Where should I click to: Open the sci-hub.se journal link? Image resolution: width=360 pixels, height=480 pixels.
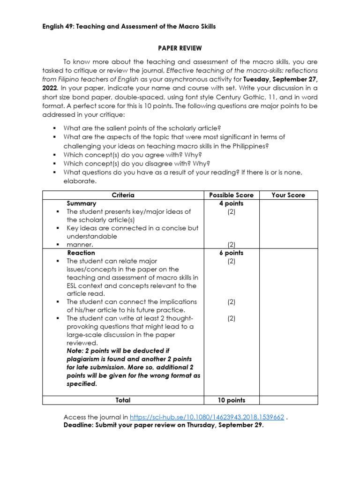(x=207, y=417)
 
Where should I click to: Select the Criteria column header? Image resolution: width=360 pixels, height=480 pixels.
(x=123, y=195)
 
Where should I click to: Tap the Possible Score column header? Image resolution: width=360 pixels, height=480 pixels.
(x=231, y=195)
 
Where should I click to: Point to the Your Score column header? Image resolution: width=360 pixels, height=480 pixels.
(x=288, y=195)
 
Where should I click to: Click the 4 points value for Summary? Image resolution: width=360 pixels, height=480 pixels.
(x=231, y=203)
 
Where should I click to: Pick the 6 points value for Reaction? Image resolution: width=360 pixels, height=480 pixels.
(x=231, y=253)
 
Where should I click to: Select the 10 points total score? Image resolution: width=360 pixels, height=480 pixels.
(x=231, y=400)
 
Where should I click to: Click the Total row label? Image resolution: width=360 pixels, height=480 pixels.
(x=123, y=400)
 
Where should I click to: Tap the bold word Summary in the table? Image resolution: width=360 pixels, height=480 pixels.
(x=82, y=203)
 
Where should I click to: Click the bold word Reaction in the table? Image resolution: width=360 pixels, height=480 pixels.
(x=81, y=253)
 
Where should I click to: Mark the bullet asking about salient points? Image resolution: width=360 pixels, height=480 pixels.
(x=142, y=128)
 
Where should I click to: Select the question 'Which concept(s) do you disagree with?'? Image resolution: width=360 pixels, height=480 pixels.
(x=137, y=164)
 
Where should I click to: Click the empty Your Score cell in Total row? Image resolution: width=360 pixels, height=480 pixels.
(x=288, y=400)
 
